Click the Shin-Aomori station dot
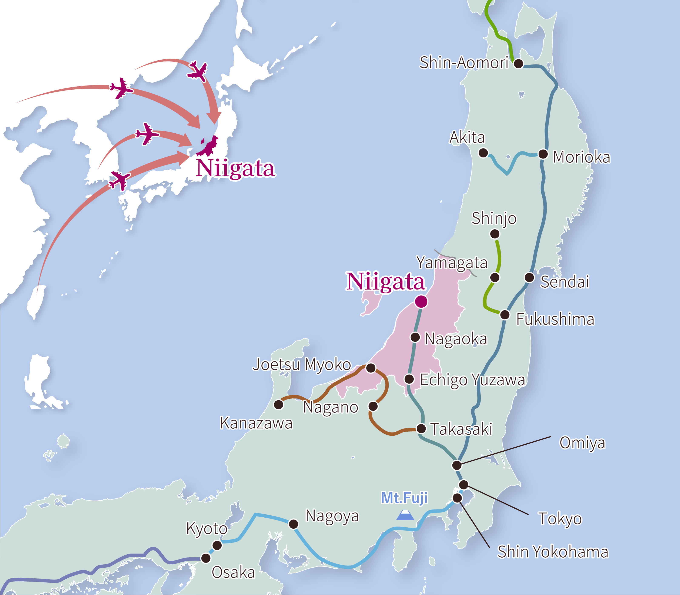coord(518,63)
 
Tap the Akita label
coord(467,137)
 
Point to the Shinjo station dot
coord(495,234)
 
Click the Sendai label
coord(565,282)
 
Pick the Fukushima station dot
coord(505,314)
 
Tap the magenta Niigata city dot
coord(421,301)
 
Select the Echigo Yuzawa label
coord(472,380)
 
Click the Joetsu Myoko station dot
coord(371,368)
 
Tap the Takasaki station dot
coord(421,429)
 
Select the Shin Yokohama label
coord(553,552)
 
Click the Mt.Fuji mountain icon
coord(405,515)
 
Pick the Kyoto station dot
coord(217,545)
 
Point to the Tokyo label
coord(560,519)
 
